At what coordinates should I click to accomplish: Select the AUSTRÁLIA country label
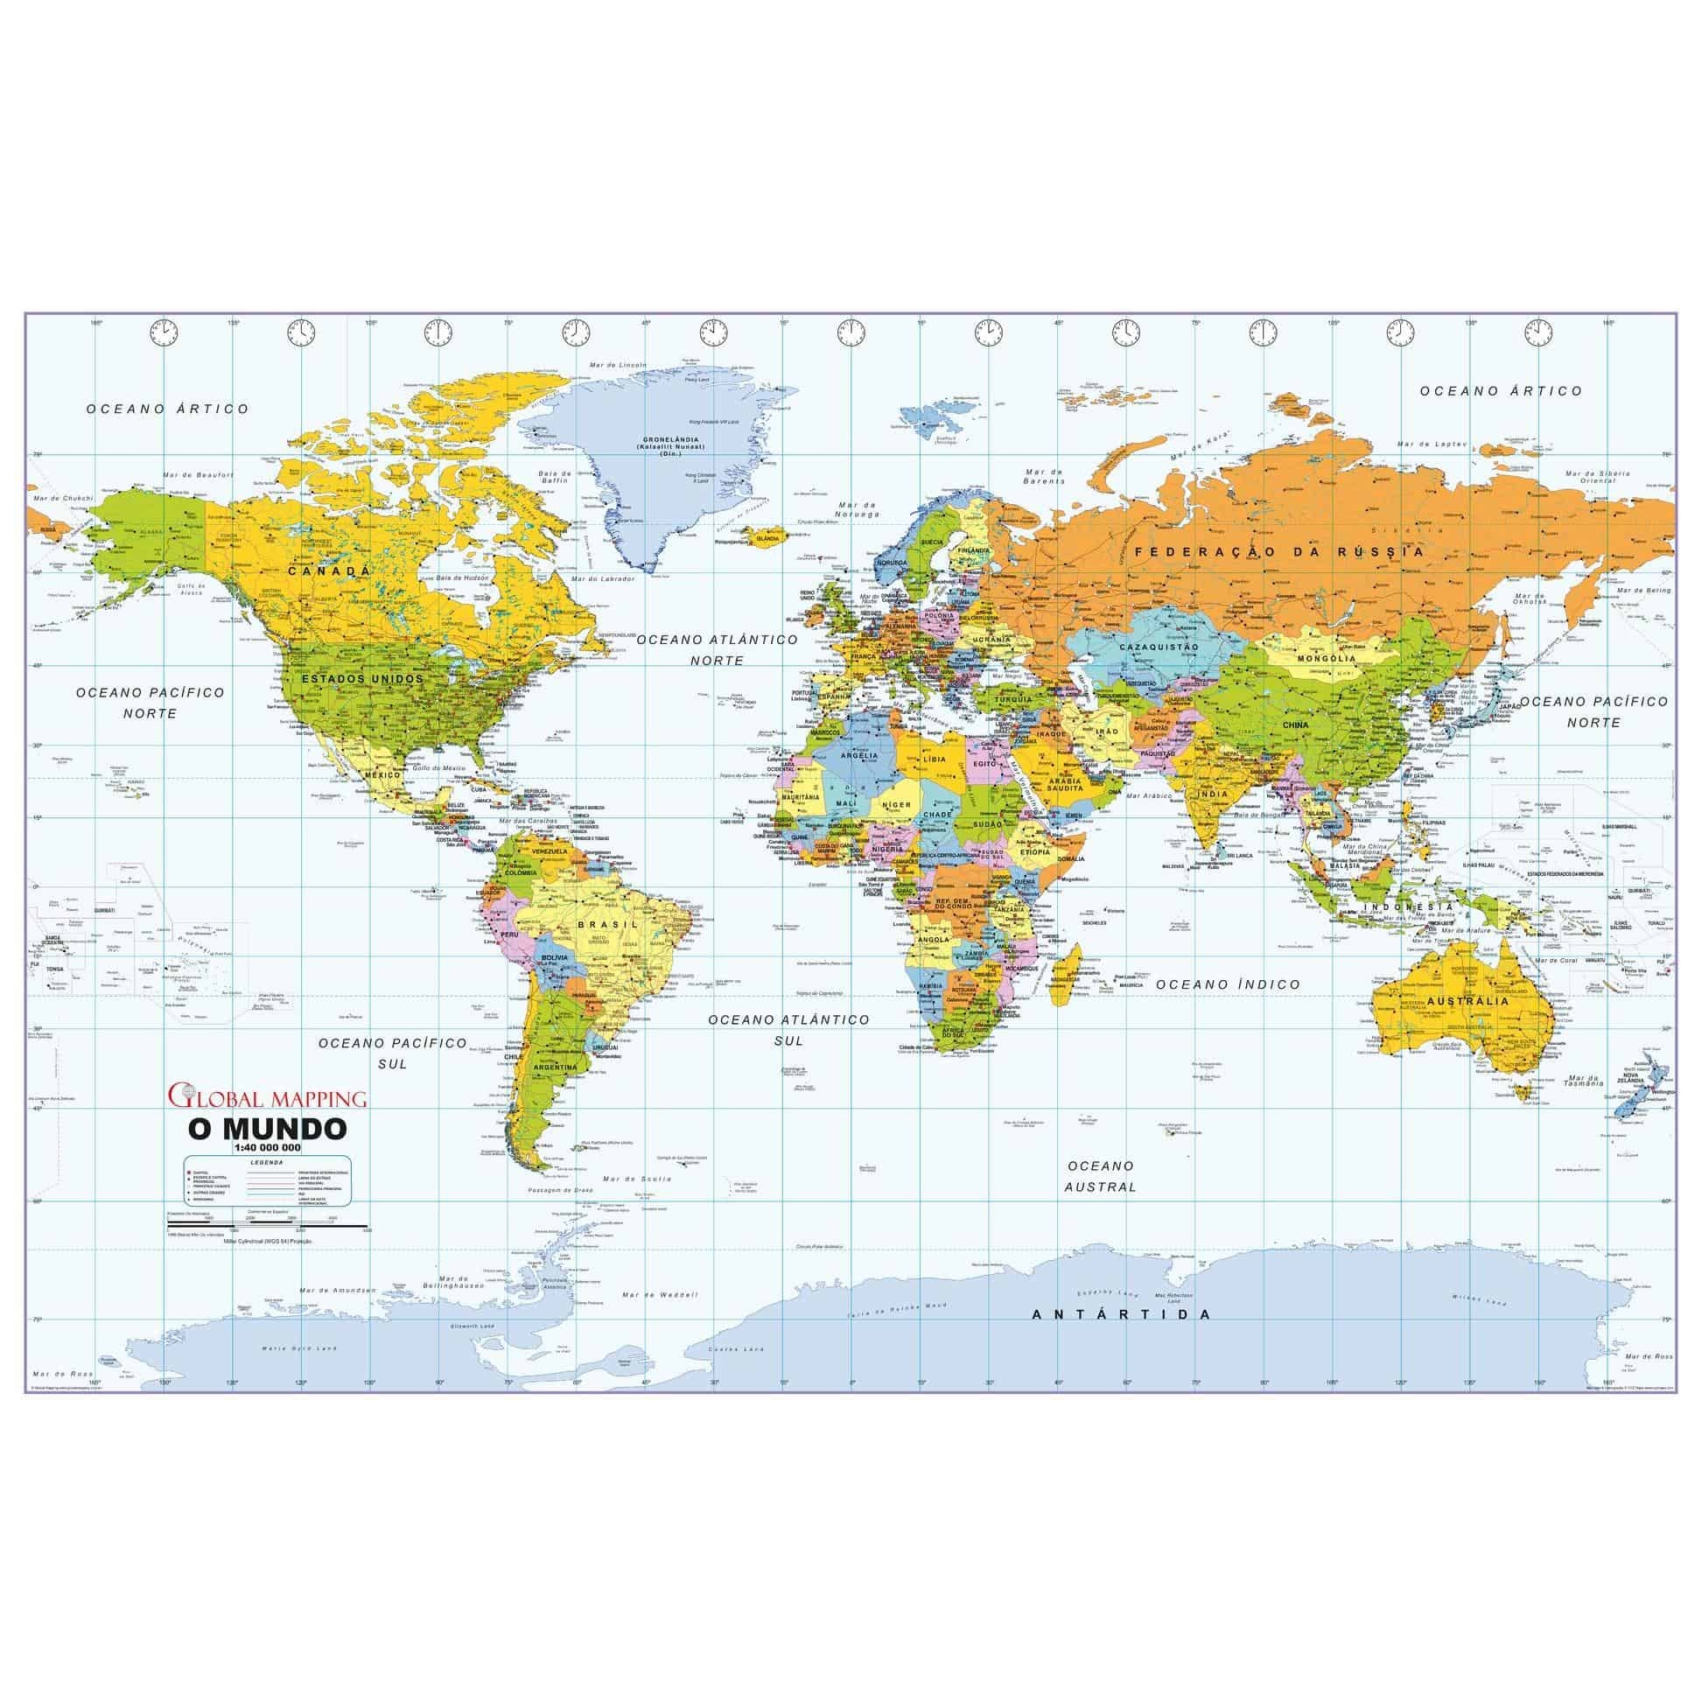1479,1001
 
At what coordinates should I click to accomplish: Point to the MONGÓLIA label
1325,658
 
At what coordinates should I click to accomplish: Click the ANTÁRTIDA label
1122,1313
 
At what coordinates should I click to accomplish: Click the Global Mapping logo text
268,1097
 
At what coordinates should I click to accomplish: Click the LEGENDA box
267,1180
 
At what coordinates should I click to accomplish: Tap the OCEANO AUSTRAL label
1100,1176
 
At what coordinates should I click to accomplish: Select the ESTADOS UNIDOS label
362,679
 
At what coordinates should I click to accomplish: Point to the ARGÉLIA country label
861,756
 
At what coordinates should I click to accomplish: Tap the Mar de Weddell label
660,1295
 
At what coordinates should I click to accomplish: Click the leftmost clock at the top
164,333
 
